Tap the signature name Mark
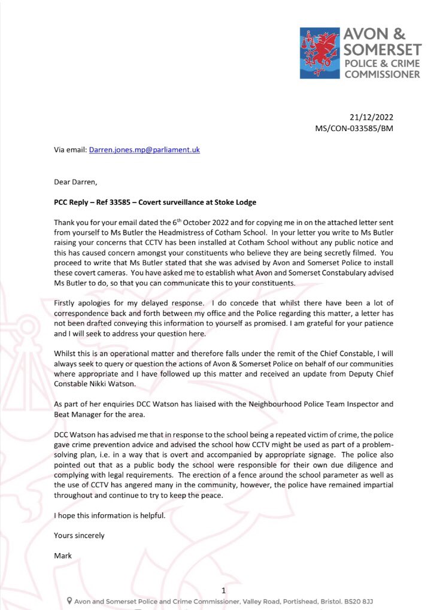coord(63,556)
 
